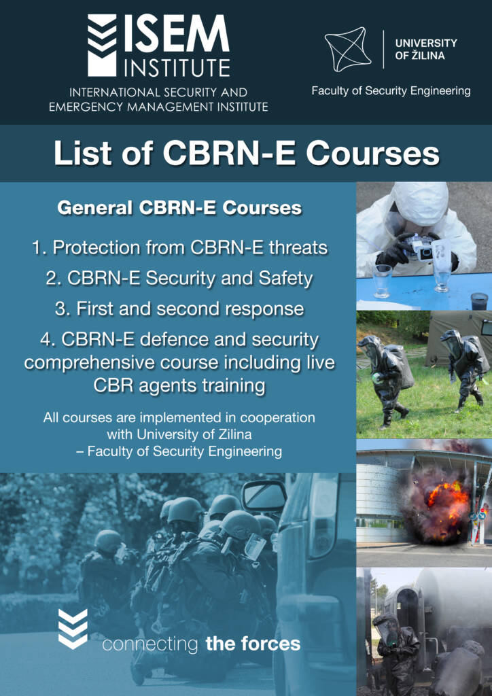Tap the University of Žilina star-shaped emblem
346,49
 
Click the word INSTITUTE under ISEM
177,67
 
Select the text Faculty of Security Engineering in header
391,91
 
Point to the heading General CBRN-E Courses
179,208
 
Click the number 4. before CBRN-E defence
48,341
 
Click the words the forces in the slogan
253,644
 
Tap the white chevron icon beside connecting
73,629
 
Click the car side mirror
264,495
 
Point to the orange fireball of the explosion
446,502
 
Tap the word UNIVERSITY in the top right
426,43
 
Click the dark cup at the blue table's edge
479,301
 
